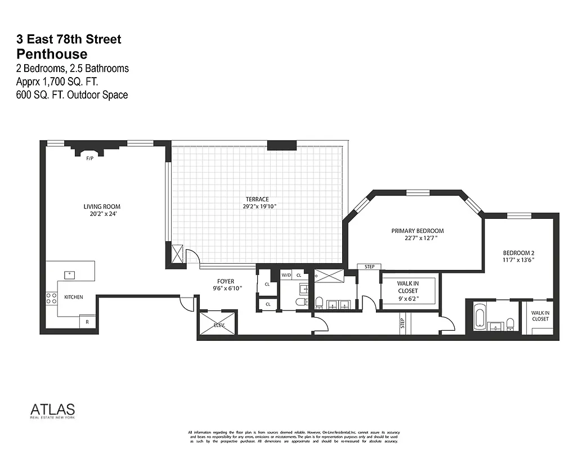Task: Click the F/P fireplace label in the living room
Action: (89, 159)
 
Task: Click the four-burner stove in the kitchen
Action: (51, 298)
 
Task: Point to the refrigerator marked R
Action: (87, 322)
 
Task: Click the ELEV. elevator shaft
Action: (217, 324)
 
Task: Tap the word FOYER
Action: (226, 281)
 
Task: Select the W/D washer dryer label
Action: (286, 275)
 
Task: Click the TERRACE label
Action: (257, 199)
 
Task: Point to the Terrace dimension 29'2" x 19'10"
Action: (257, 206)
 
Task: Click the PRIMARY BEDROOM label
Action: (418, 231)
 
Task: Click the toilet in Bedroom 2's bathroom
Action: (510, 324)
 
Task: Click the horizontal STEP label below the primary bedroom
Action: (369, 267)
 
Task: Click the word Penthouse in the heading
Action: (52, 54)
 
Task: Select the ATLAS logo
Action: (52, 409)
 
